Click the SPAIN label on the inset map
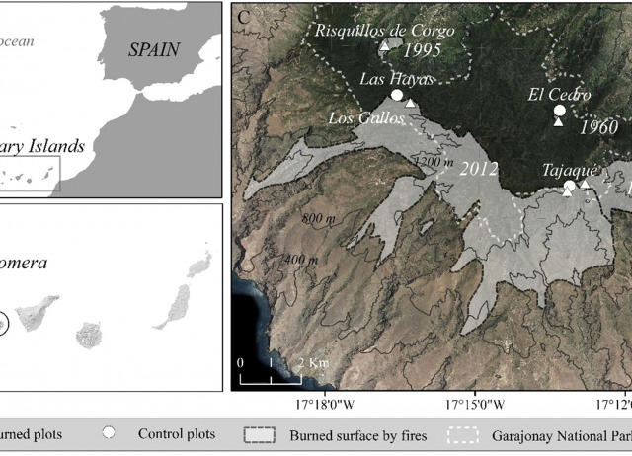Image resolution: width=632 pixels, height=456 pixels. pos(154,49)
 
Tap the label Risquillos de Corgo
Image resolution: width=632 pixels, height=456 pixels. pos(385,30)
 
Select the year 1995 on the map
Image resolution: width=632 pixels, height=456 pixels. pos(422,49)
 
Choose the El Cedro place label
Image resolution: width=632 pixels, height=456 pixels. pos(559,96)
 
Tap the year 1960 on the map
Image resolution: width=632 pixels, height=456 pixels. pos(598,127)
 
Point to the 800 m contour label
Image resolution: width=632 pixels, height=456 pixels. pos(319,218)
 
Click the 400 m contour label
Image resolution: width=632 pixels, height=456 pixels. pos(300,260)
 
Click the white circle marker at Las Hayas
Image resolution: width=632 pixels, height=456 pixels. pos(396,95)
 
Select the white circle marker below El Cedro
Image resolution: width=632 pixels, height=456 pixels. pos(559,110)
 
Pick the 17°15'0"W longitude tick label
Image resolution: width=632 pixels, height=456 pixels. pos(476,404)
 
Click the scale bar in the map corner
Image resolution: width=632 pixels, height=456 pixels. pos(271,377)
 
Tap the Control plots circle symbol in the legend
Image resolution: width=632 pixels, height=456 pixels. pos(111,433)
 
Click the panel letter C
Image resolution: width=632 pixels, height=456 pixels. pos(242,15)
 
